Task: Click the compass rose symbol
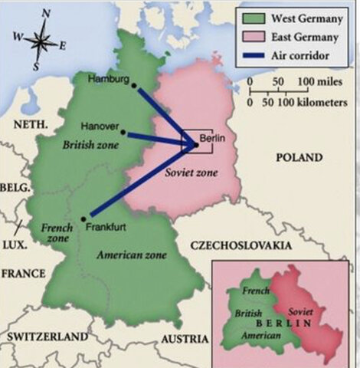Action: (x=43, y=39)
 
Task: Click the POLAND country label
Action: (x=299, y=157)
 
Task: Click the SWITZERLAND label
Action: (x=47, y=337)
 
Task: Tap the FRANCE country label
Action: (x=23, y=273)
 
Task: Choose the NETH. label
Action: (x=30, y=123)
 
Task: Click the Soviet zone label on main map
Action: (x=191, y=173)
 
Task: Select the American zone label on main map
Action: (x=123, y=254)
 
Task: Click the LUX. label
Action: (x=14, y=245)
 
